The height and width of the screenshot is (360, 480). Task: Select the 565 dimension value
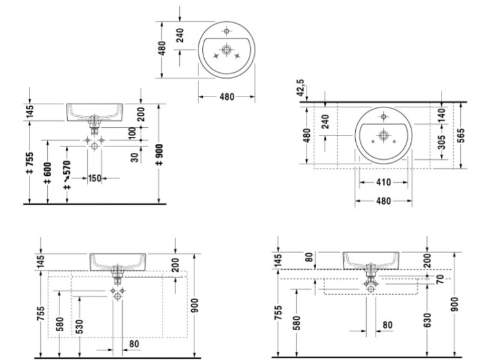462,135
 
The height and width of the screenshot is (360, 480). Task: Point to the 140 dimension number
440,116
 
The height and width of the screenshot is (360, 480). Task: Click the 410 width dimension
383,182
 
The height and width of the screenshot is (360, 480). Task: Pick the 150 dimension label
95,178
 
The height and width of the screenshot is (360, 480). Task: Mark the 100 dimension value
132,132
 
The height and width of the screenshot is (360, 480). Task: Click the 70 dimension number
440,279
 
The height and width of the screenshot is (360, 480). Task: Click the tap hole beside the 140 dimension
383,116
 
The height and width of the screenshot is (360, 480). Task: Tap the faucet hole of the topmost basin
227,29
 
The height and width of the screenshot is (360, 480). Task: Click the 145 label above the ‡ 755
29,113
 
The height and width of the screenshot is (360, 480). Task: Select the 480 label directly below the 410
383,200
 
